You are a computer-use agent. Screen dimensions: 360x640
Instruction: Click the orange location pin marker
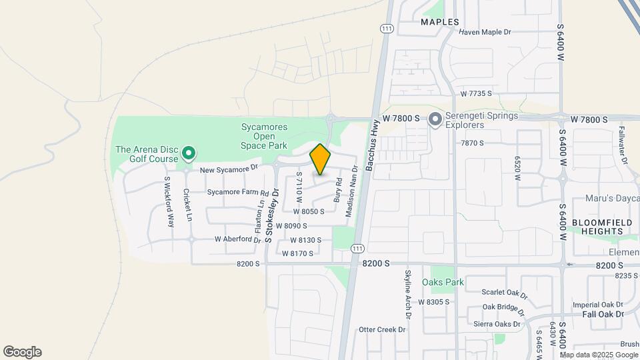(320, 159)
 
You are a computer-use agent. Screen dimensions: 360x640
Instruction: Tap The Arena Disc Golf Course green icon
(189, 154)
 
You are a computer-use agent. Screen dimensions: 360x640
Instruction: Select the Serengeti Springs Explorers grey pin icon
(435, 120)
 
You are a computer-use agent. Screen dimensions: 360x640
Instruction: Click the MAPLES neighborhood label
(440, 22)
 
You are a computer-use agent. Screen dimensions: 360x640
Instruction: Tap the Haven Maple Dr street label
(485, 31)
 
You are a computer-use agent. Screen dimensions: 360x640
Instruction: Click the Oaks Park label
(443, 282)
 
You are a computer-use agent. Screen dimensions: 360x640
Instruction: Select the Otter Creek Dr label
(382, 329)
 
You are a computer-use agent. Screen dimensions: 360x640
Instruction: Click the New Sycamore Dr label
(229, 170)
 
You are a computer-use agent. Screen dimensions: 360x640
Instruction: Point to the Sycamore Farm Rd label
(237, 192)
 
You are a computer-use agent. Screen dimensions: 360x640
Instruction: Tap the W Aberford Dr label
(237, 239)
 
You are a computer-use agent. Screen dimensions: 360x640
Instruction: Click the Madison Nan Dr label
(348, 197)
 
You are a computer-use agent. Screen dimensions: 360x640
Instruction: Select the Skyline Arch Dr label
(408, 293)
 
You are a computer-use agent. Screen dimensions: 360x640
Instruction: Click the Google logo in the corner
(22, 352)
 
